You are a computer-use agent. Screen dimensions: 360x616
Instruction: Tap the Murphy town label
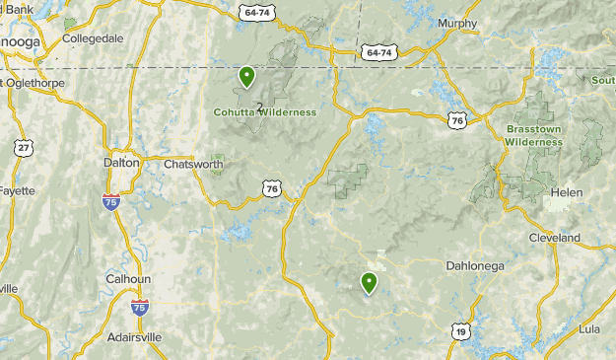(x=456, y=24)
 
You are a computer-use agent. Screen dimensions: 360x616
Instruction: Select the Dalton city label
(x=121, y=163)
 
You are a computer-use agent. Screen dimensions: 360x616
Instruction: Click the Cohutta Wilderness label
(x=265, y=112)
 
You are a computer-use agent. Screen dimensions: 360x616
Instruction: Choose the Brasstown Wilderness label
(x=533, y=135)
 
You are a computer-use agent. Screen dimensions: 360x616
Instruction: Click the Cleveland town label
(x=554, y=238)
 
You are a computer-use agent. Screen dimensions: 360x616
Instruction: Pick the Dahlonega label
(x=474, y=264)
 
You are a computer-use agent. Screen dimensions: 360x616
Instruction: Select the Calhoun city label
(x=127, y=279)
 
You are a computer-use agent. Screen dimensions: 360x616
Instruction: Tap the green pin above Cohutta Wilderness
(x=246, y=76)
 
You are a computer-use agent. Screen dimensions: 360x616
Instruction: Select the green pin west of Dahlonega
(x=370, y=284)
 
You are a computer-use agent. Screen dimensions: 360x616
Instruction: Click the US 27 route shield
(x=23, y=147)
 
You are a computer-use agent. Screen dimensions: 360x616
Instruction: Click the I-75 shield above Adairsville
(x=140, y=308)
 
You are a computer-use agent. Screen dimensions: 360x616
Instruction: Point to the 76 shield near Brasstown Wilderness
(x=456, y=119)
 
